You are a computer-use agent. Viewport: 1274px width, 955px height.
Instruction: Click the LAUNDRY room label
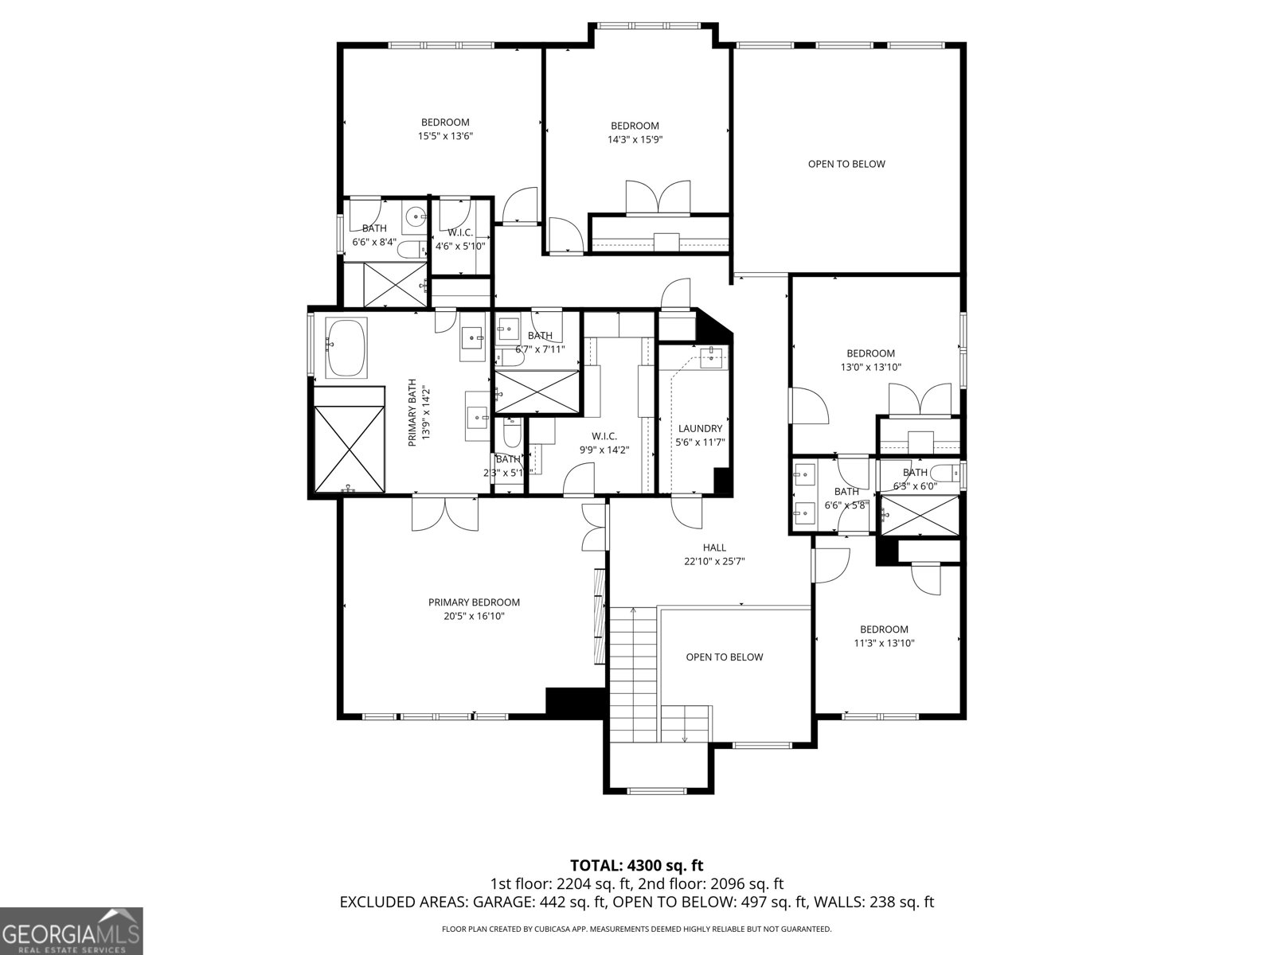pyautogui.click(x=700, y=428)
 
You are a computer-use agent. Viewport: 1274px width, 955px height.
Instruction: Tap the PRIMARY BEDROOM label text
pyautogui.click(x=474, y=602)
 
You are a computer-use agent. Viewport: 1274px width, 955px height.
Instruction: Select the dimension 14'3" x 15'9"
pyautogui.click(x=635, y=139)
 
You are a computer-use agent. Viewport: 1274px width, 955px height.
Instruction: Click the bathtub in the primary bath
pyautogui.click(x=346, y=349)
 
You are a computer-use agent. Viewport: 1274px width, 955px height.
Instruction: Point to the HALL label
pyautogui.click(x=714, y=548)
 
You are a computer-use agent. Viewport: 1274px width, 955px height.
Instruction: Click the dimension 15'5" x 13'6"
pyautogui.click(x=445, y=136)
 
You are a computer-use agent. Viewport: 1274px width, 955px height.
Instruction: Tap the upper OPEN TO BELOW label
pyautogui.click(x=846, y=164)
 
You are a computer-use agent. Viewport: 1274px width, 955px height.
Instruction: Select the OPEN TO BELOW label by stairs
pyautogui.click(x=724, y=657)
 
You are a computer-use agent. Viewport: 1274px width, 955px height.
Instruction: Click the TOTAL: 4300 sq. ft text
pyautogui.click(x=636, y=865)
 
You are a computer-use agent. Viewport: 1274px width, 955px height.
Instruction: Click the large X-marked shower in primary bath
pyautogui.click(x=350, y=450)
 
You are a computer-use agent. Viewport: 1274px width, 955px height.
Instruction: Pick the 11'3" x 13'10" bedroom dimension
pyautogui.click(x=884, y=643)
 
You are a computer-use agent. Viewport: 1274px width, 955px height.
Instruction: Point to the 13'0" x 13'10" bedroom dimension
pyautogui.click(x=870, y=368)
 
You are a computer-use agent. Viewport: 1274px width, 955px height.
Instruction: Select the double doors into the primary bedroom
pyautogui.click(x=446, y=513)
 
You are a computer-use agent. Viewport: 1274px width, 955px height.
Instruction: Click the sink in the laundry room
pyautogui.click(x=710, y=357)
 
